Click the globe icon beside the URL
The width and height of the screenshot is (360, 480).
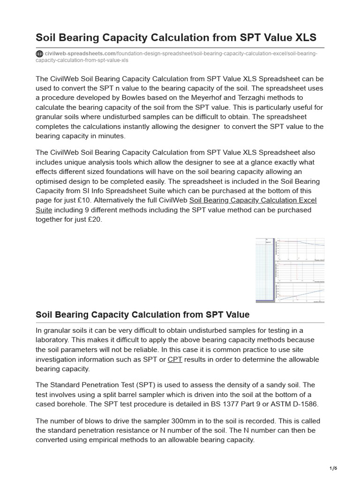pos(39,53)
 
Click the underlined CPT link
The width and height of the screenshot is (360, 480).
pos(175,360)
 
